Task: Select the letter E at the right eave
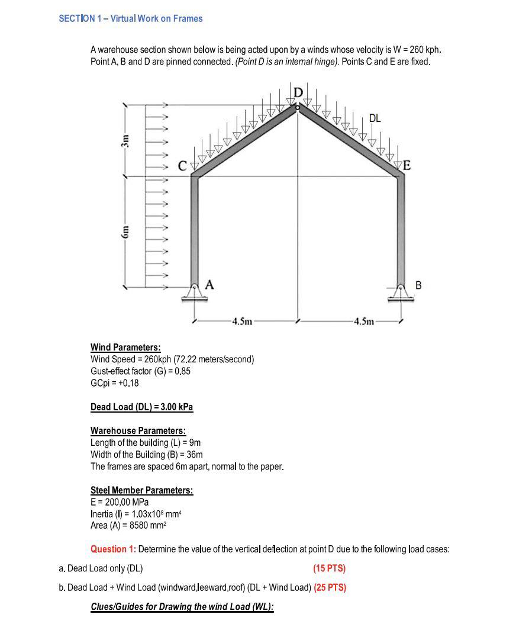point(407,166)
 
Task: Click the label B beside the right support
point(419,285)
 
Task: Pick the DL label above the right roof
point(375,118)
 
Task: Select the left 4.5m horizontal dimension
point(243,322)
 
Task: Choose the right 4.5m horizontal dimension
point(363,322)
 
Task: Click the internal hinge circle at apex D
point(298,107)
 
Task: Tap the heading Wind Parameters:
point(125,348)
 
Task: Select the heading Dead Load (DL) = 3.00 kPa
point(141,407)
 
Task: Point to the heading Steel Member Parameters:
point(141,490)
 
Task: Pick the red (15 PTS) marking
point(329,568)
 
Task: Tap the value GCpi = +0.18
point(115,383)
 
